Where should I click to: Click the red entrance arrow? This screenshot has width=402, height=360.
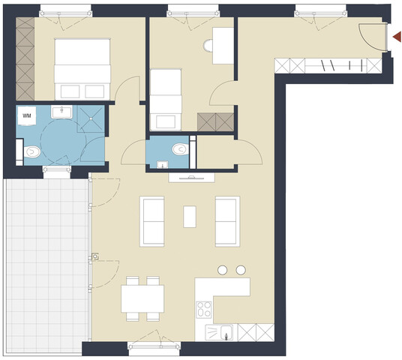tap(397, 35)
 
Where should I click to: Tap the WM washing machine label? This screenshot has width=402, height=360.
tap(27, 116)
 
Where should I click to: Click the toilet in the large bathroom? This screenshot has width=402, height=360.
tap(31, 153)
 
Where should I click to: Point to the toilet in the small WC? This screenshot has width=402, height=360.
tap(178, 150)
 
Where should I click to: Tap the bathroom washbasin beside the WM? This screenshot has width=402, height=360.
tap(61, 112)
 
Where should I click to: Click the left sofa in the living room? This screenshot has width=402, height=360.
tap(153, 220)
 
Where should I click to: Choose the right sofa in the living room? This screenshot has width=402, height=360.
tap(226, 220)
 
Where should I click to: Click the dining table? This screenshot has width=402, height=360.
tap(142, 300)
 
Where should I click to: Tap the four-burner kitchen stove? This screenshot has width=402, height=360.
tap(203, 309)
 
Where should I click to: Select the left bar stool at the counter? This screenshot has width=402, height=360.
tap(223, 269)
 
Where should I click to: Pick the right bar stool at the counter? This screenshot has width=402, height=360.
tap(241, 269)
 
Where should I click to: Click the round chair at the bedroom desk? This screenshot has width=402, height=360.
tap(209, 46)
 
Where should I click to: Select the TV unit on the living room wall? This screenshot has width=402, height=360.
tap(193, 177)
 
